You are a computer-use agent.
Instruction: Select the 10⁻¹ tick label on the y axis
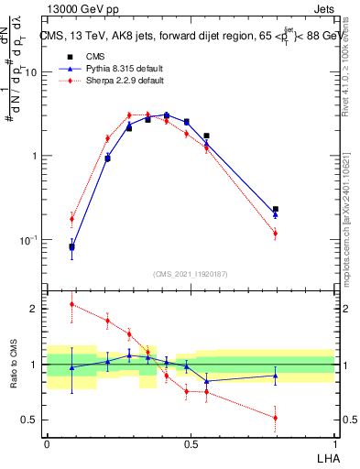[29, 240]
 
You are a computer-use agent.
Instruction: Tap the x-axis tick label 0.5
[191, 443]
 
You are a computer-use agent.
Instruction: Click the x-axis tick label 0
[47, 443]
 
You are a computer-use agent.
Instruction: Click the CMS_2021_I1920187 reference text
[191, 273]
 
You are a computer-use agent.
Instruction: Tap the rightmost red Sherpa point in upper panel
[275, 234]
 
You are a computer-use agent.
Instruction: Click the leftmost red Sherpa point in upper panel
[71, 218]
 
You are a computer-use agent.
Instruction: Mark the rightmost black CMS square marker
[275, 210]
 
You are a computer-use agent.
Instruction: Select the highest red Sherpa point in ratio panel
[71, 304]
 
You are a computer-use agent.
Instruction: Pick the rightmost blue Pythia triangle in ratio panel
[275, 376]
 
